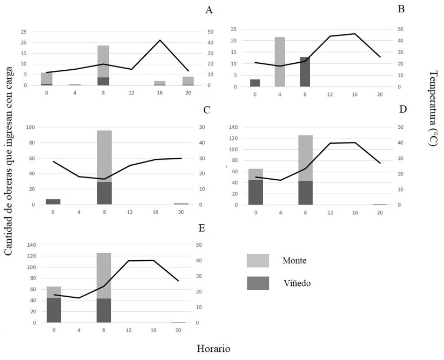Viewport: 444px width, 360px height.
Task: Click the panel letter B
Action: pyautogui.click(x=401, y=10)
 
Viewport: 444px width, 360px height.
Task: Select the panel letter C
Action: pyautogui.click(x=206, y=110)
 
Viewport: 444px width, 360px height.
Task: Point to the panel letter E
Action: pyautogui.click(x=202, y=228)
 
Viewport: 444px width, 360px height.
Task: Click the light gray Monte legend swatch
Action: pyautogui.click(x=258, y=260)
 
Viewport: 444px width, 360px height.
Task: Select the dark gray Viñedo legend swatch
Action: pyautogui.click(x=258, y=283)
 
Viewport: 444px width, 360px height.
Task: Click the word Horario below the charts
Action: pyautogui.click(x=213, y=348)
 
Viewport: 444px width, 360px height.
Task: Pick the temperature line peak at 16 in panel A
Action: pyautogui.click(x=159, y=40)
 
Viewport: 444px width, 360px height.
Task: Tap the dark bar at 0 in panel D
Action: pyautogui.click(x=255, y=192)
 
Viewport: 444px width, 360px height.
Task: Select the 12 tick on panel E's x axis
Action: pyautogui.click(x=129, y=330)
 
